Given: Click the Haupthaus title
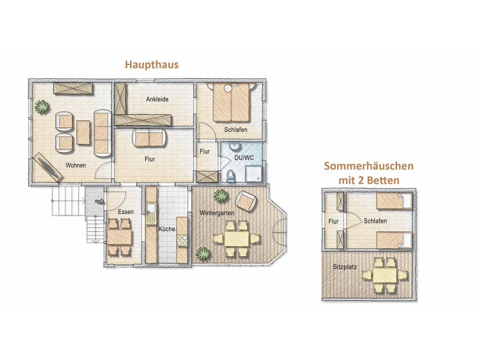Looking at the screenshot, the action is pos(152,65).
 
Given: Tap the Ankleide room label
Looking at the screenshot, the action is pos(157,99).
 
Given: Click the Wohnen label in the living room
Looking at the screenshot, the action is pos(75,165).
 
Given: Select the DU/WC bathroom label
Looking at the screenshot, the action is pos(244,158).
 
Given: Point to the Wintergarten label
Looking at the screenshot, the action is pos(217,213).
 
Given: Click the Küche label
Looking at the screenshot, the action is pos(167,229).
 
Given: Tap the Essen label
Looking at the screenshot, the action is pos(126,212).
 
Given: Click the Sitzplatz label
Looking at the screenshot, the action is pos(345,267).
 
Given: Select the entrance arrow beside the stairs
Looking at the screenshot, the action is pos(99,201).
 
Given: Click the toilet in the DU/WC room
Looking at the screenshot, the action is pos(230,176).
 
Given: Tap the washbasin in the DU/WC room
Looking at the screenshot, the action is pos(235,146).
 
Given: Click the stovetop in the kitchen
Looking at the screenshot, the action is pos(182,240).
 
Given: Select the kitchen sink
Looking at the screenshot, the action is pos(151,209).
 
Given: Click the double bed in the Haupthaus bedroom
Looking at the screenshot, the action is pos(231,102).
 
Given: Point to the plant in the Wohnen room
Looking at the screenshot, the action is pos(42,107).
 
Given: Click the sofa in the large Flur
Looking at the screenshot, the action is pos(149,138).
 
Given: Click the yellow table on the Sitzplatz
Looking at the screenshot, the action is pos(385,275).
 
